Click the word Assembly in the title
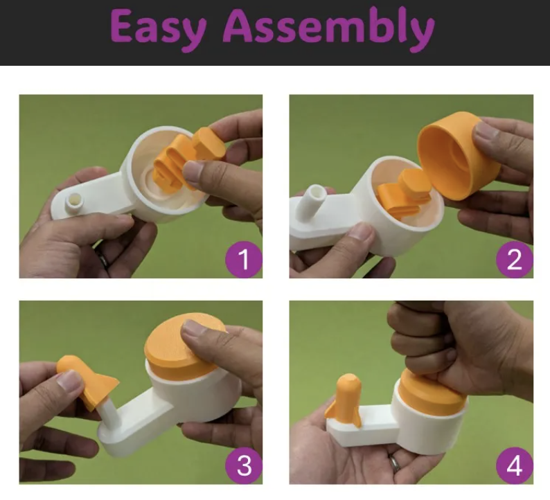click(328, 29)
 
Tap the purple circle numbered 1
click(244, 260)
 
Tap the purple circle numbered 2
click(515, 260)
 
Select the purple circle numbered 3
click(244, 465)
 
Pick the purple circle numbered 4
click(515, 465)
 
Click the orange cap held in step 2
click(458, 156)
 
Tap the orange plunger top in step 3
click(184, 346)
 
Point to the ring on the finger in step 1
click(104, 259)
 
